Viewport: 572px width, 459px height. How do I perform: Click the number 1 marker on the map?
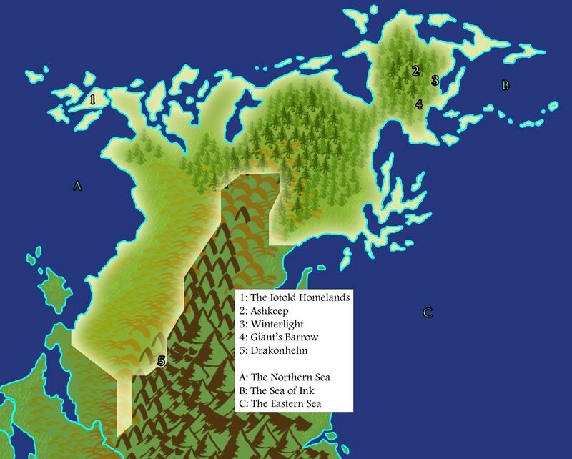point(92,98)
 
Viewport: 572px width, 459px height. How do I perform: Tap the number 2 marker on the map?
point(415,71)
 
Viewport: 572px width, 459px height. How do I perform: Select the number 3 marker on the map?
point(434,80)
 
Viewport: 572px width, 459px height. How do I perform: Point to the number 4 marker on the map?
point(419,104)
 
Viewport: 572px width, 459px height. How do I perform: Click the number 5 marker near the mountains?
point(161,361)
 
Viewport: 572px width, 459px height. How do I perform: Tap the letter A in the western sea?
point(77,187)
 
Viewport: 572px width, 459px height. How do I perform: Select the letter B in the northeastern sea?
point(505,86)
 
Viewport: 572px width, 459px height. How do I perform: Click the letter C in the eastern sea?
point(428,312)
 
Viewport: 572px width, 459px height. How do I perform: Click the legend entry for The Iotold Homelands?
point(295,297)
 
